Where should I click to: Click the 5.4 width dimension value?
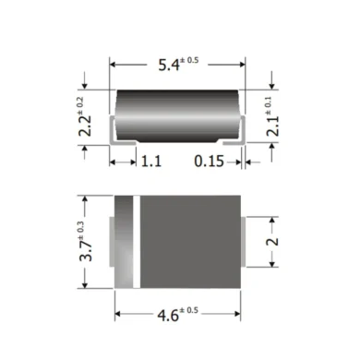click(x=169, y=66)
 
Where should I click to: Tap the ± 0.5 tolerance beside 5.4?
click(x=189, y=60)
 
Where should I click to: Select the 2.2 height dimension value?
click(x=85, y=126)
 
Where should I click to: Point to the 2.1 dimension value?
click(x=272, y=126)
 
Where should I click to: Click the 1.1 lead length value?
click(x=151, y=162)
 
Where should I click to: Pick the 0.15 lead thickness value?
click(x=210, y=162)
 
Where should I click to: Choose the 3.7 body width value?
click(x=86, y=251)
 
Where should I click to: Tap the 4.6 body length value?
click(x=168, y=316)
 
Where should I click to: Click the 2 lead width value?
click(x=272, y=242)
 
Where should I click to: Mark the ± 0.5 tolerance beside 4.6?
click(x=188, y=310)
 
